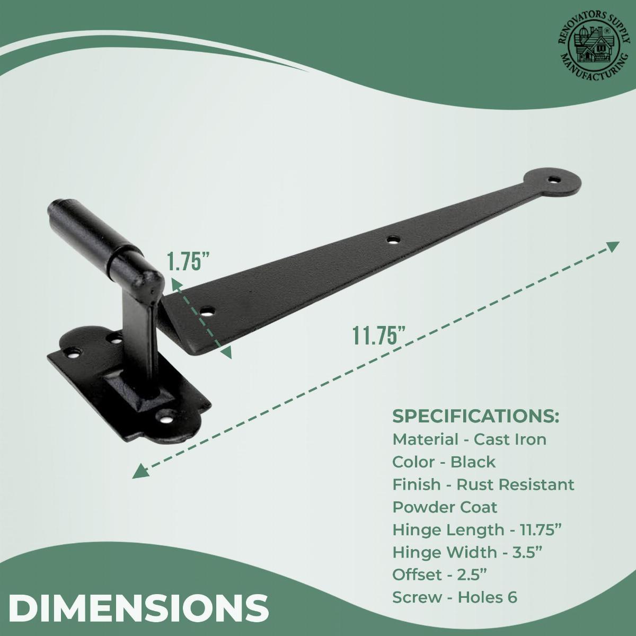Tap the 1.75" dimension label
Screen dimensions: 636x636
pyautogui.click(x=189, y=262)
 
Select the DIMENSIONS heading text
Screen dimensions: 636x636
pyautogui.click(x=139, y=608)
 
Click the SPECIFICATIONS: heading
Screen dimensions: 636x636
pyautogui.click(x=475, y=416)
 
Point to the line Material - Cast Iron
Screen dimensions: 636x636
pyautogui.click(x=469, y=439)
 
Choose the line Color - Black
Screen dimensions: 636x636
pyautogui.click(x=444, y=462)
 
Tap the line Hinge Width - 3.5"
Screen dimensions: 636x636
pyautogui.click(x=467, y=552)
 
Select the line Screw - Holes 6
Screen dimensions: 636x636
pyautogui.click(x=455, y=597)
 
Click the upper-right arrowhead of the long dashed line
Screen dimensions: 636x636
pyautogui.click(x=613, y=246)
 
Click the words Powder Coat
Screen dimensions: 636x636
pyautogui.click(x=445, y=507)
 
